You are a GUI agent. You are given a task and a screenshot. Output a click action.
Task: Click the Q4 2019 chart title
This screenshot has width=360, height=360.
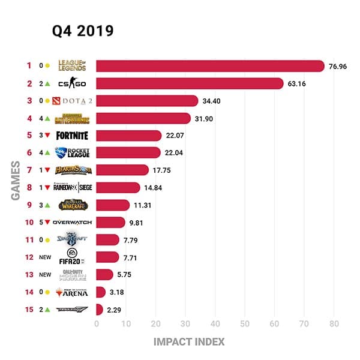[82, 31]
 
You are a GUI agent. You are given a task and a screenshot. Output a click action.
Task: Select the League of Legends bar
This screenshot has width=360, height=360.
[209, 66]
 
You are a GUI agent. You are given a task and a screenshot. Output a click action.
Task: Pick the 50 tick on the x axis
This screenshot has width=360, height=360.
[245, 325]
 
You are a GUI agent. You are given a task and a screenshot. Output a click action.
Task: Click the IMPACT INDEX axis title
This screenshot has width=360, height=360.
[189, 342]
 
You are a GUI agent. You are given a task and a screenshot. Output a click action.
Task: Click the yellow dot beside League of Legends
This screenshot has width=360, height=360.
[47, 66]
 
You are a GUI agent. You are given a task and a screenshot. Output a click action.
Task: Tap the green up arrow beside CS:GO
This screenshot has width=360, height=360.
[47, 83]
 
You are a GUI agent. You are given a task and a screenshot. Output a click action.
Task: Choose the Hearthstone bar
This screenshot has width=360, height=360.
[122, 170]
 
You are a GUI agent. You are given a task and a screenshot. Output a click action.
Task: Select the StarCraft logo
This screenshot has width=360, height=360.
[71, 240]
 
